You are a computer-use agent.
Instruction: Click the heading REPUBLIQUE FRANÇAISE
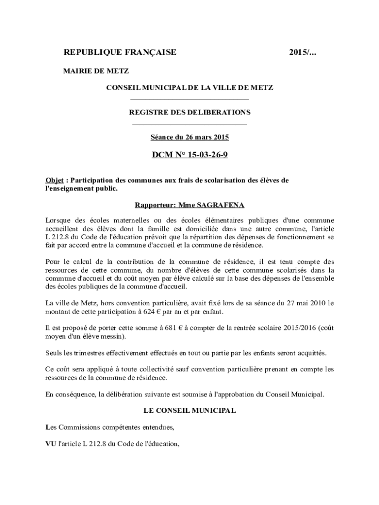[x=120, y=52]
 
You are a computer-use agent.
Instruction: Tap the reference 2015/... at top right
[x=303, y=52]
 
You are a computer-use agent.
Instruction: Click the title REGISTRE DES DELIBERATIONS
[x=189, y=112]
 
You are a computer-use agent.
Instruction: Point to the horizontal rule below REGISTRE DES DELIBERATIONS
[x=189, y=124]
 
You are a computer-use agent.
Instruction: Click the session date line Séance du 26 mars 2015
[x=189, y=137]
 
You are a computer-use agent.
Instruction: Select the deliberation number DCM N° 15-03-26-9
[x=189, y=155]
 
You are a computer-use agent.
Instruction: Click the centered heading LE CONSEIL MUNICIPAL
[x=189, y=410]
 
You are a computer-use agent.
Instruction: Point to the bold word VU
[x=51, y=444]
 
